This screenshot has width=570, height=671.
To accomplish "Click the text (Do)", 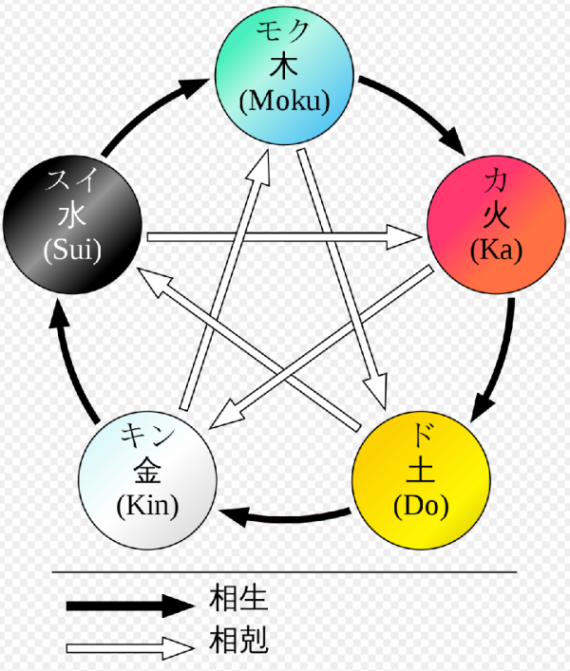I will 421,504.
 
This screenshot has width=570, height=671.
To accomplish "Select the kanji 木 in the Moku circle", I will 284,67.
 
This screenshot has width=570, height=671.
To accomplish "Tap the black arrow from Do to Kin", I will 285,517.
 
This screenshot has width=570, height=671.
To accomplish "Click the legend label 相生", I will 240,599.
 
